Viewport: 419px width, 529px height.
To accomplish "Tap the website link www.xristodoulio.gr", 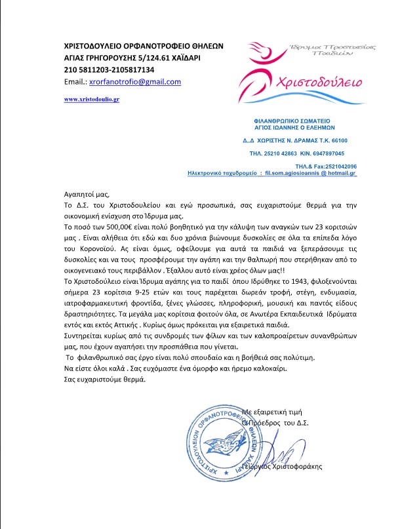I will pyautogui.click(x=91, y=99).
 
